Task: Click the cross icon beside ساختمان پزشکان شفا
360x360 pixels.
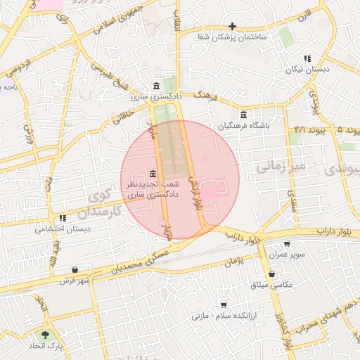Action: [233, 26]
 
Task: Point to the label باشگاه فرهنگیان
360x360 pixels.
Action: [244, 127]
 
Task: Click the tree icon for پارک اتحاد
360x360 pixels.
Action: [46, 335]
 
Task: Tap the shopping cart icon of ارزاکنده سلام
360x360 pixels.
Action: [224, 305]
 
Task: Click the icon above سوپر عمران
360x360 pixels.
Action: [288, 243]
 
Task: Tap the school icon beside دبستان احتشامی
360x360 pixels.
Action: [62, 219]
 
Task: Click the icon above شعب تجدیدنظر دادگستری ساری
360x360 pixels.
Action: [153, 174]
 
